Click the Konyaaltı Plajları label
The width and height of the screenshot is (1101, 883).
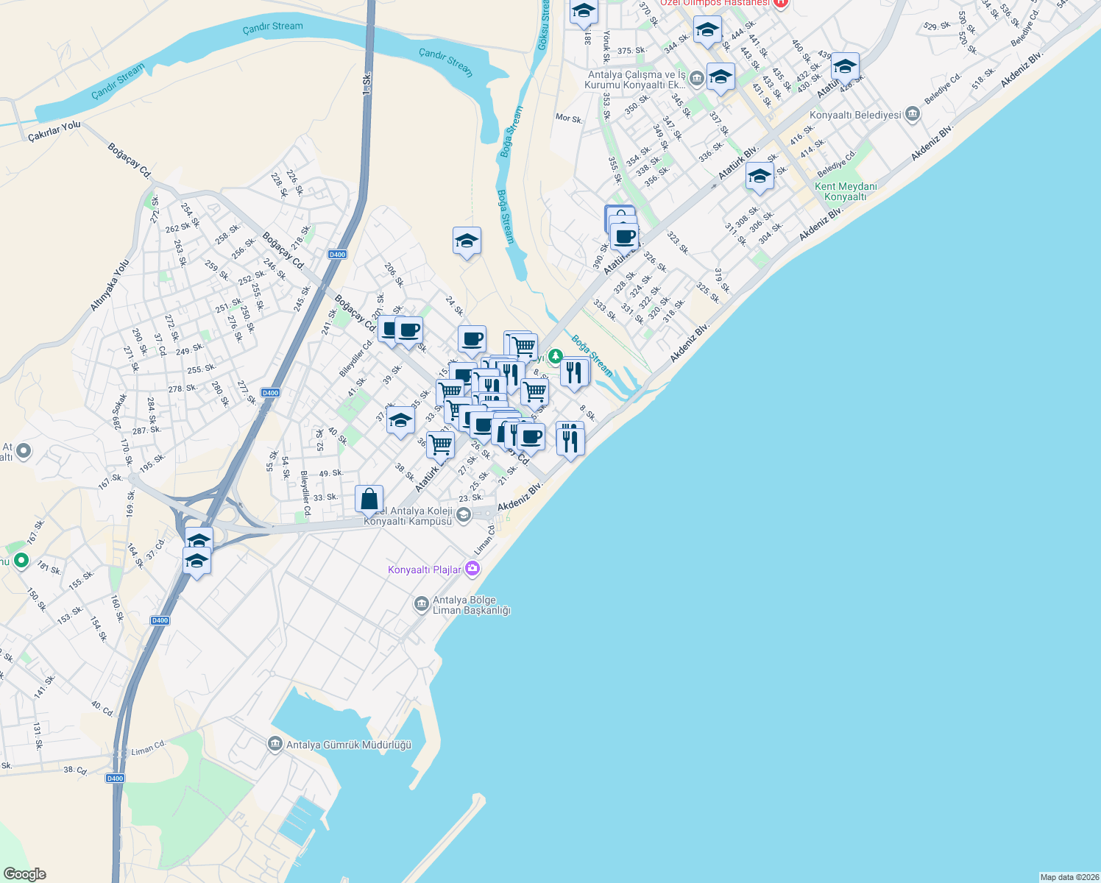[x=425, y=570]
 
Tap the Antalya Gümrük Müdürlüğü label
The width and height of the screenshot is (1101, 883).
[x=348, y=745]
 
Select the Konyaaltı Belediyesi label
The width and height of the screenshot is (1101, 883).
[x=855, y=115]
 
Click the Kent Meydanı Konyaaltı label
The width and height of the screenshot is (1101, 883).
[x=846, y=191]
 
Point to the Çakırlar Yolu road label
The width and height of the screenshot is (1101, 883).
[x=54, y=131]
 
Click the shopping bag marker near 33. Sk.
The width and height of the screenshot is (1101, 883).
[x=369, y=499]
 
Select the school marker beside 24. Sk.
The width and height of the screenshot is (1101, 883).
[x=467, y=241]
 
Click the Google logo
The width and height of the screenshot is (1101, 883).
[x=24, y=874]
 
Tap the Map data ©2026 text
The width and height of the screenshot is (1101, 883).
[x=1069, y=877]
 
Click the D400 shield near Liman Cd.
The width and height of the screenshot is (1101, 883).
[x=115, y=779]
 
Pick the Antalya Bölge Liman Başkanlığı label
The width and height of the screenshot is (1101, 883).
[x=471, y=605]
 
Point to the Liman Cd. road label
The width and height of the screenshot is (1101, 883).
[x=149, y=749]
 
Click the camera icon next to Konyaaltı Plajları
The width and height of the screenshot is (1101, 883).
[x=472, y=569]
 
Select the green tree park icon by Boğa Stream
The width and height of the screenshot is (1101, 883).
[x=555, y=357]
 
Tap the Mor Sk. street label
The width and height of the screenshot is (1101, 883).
[x=569, y=118]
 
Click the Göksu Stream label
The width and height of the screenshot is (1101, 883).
[x=544, y=26]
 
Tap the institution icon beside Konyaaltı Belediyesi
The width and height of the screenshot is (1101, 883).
[x=913, y=114]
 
